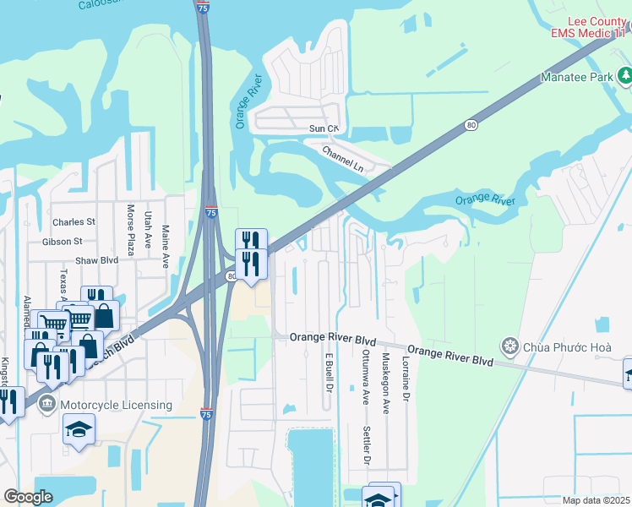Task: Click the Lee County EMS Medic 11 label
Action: pos(589,25)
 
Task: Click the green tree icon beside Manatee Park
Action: pos(624,78)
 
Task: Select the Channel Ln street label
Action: pos(342,158)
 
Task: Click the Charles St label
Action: pos(74,222)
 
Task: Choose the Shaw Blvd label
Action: pos(96,261)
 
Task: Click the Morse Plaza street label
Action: pos(131,230)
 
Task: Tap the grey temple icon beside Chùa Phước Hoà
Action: pos(509,345)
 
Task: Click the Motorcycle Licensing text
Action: pos(117,406)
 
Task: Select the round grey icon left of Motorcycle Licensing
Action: pos(49,406)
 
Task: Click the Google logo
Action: pos(29,497)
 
